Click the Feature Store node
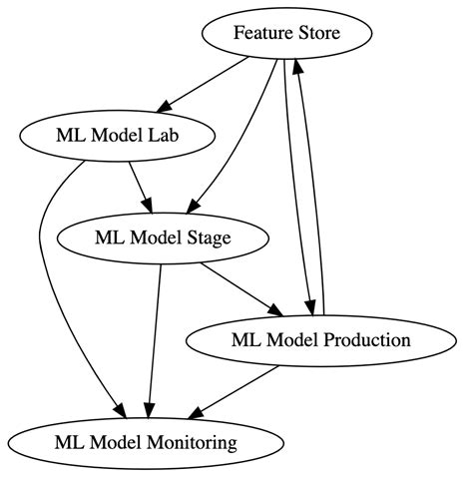pos(287,34)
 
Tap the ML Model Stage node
pos(163,238)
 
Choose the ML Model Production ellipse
pos(320,339)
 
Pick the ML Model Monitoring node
pos(146,441)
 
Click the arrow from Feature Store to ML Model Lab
pos(207,84)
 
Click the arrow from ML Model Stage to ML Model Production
pos(239,287)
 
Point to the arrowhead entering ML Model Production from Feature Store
pos(310,301)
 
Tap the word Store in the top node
pos(317,34)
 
